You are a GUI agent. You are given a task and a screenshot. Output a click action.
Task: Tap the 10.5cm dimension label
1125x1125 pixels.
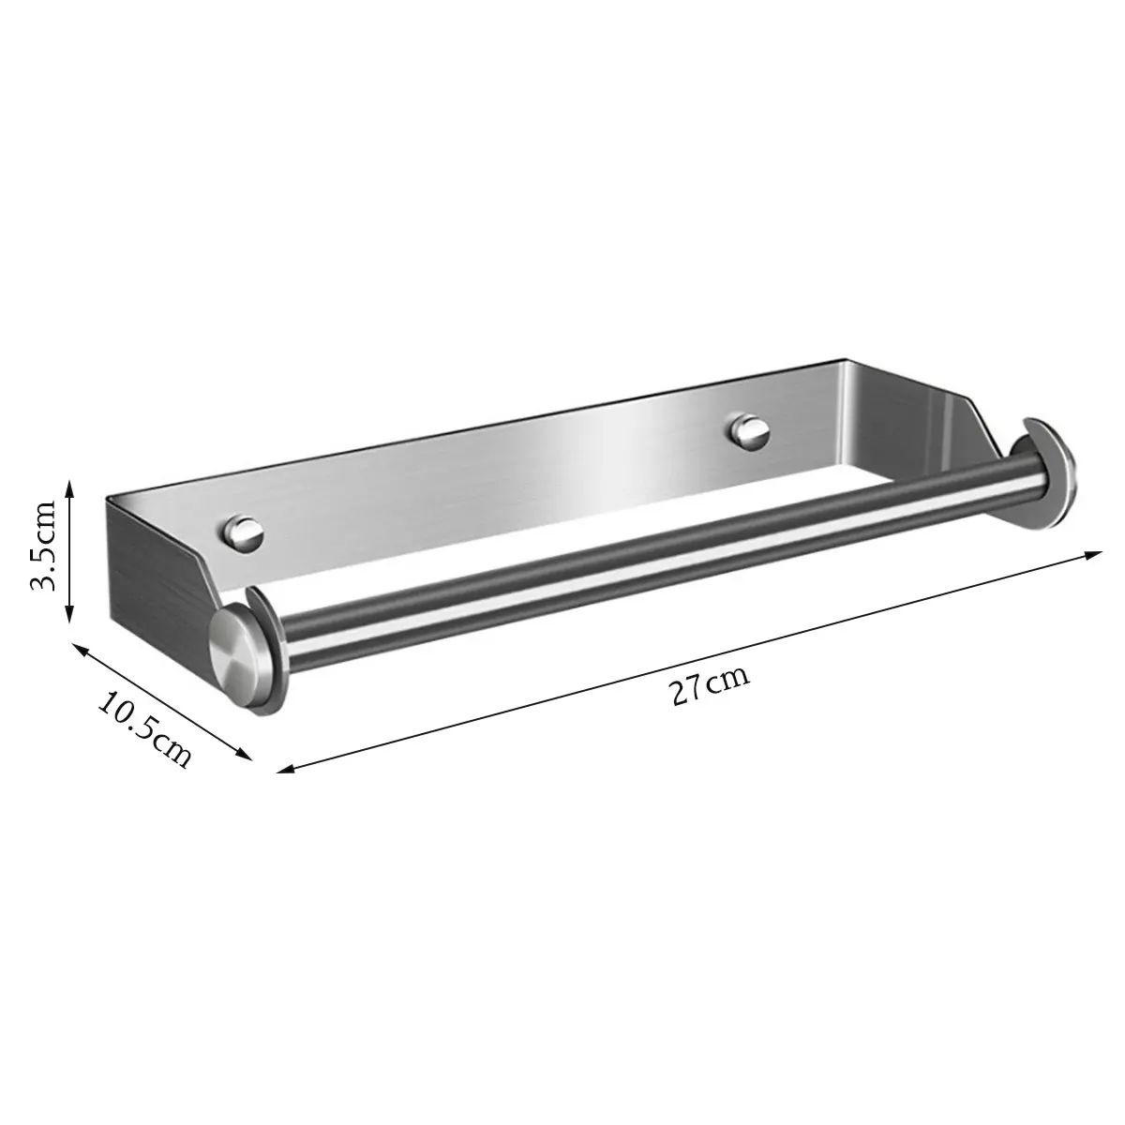(x=144, y=728)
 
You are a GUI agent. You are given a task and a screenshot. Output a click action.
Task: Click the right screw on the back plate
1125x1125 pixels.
(x=748, y=431)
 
